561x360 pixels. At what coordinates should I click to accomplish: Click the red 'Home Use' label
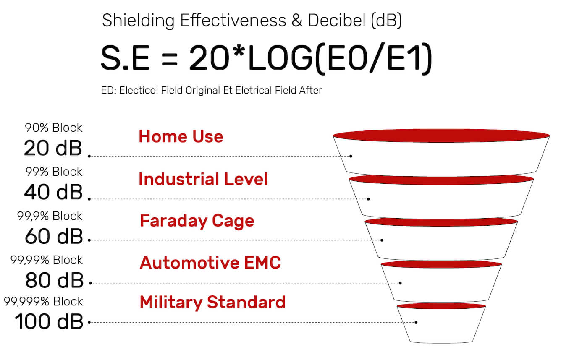coord(181,137)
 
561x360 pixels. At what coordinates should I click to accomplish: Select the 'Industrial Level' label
coord(203,179)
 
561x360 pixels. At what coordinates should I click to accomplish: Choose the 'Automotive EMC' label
coord(210,263)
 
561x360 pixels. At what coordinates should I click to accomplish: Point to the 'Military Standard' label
coord(212,303)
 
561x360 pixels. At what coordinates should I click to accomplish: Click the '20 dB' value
coord(53,148)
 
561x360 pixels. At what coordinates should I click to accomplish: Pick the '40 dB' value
coord(53,192)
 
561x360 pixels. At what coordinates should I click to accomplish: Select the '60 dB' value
coord(54,236)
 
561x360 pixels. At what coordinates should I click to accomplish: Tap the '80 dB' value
coord(54,280)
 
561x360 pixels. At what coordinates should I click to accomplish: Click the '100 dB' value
coord(49,321)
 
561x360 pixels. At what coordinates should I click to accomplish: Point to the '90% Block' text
coord(53,128)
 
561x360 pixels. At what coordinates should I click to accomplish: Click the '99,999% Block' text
coord(43,301)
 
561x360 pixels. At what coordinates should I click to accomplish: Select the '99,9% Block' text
coord(50,216)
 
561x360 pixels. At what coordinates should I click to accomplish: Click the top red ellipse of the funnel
coord(441,136)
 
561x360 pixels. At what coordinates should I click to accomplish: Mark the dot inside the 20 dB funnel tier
coord(351,156)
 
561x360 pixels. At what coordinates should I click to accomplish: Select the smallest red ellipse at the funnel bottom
coord(441,306)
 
